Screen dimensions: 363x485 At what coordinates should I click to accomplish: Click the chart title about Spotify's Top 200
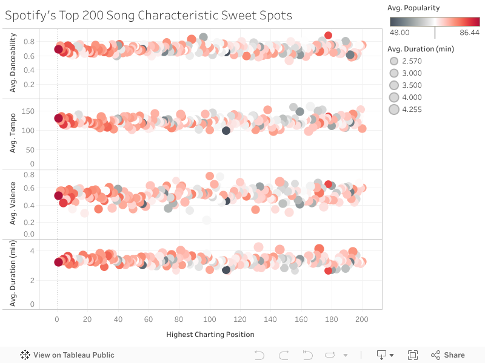click(x=149, y=15)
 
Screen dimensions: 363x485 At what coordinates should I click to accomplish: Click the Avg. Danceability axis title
click(x=13, y=64)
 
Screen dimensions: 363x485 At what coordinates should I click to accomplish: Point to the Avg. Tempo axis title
click(x=13, y=134)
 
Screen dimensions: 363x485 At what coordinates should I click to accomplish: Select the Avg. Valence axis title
click(x=13, y=204)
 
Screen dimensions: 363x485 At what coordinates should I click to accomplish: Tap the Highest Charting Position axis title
click(x=210, y=334)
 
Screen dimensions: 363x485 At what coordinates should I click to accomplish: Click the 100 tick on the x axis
click(x=210, y=319)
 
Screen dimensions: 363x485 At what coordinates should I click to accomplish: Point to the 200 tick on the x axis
click(x=362, y=319)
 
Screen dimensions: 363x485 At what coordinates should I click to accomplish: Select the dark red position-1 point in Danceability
click(x=58, y=50)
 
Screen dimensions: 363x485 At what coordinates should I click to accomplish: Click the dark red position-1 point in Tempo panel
click(x=58, y=119)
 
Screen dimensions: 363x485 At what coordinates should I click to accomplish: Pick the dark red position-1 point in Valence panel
click(x=58, y=195)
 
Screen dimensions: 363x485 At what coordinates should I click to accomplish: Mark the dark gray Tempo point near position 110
click(x=226, y=131)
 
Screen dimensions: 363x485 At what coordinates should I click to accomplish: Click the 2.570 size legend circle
click(x=394, y=61)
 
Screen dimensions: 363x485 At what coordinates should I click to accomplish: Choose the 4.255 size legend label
click(x=412, y=110)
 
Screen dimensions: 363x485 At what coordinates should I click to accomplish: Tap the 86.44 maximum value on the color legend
click(x=469, y=33)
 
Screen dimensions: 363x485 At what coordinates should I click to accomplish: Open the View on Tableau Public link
click(x=67, y=355)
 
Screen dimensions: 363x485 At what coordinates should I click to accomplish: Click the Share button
click(x=448, y=355)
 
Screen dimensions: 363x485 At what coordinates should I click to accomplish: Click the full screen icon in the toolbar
click(x=413, y=355)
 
